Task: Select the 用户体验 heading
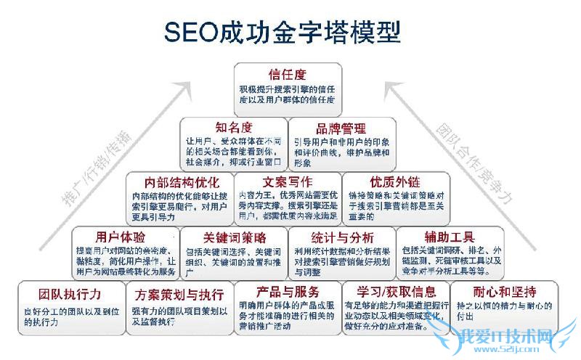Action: [x=120, y=237]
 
